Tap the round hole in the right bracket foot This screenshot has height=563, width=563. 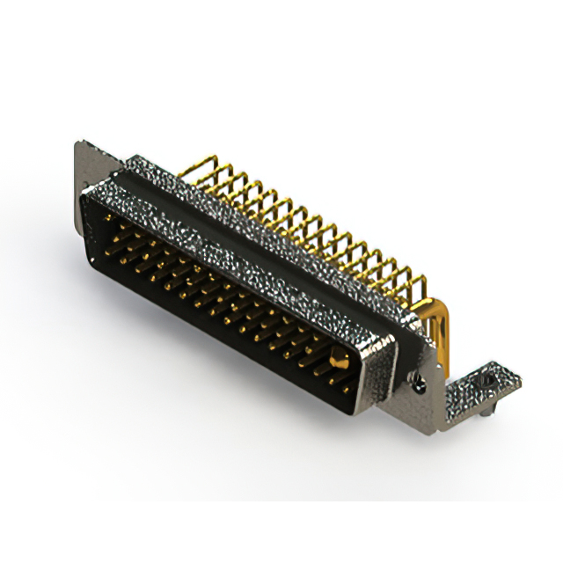coord(486,380)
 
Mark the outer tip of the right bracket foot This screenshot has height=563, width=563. coord(517,380)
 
